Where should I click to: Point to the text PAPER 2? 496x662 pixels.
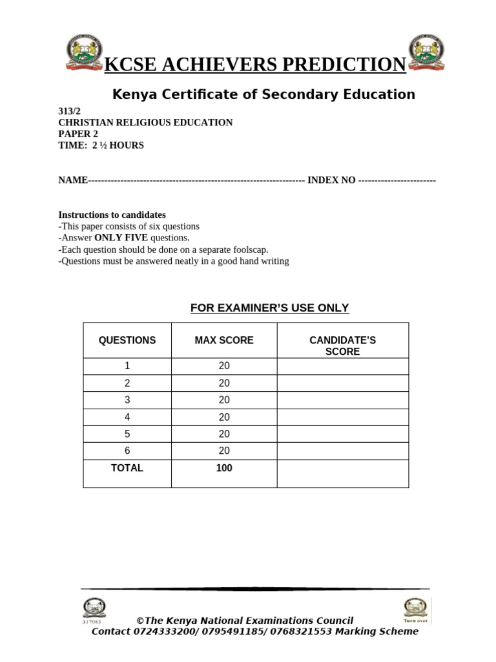78,134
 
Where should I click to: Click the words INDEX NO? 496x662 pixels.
331,180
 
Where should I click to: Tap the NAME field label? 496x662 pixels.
72,180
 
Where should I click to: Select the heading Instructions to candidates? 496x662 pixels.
112,215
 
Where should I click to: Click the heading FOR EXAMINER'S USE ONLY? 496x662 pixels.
269,308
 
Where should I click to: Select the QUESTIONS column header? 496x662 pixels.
127,340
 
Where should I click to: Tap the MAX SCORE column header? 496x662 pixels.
224,340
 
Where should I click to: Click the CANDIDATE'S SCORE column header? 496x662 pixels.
342,346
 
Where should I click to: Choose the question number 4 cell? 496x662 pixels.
127,417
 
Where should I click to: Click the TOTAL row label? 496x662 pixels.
127,468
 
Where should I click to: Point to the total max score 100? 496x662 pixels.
224,468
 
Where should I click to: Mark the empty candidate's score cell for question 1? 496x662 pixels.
342,366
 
